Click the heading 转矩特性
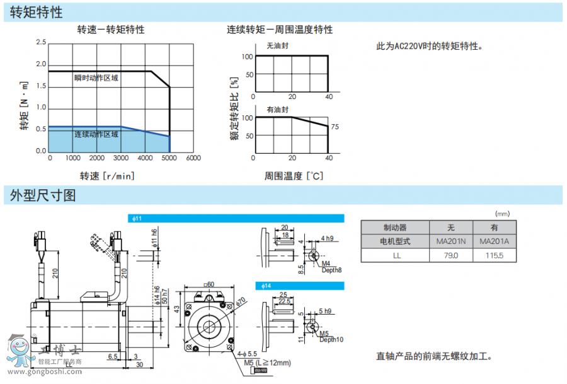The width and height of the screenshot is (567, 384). click(37, 12)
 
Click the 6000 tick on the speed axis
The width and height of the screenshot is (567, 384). click(193, 158)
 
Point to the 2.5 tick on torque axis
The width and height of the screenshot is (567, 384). click(41, 42)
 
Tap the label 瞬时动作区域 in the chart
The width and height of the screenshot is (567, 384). click(96, 78)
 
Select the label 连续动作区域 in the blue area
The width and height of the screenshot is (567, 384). click(96, 134)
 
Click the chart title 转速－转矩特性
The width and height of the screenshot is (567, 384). click(111, 30)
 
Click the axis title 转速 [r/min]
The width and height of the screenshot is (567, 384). click(107, 176)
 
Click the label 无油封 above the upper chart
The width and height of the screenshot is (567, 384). click(277, 46)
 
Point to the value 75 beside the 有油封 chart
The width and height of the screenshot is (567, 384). click(335, 127)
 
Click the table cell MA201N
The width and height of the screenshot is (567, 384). click(451, 241)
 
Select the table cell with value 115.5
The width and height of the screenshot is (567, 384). click(494, 255)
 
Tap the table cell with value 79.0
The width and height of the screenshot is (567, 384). click(451, 255)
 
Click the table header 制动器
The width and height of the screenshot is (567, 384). click(395, 228)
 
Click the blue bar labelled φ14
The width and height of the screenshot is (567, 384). click(299, 286)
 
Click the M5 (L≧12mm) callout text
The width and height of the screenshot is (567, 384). click(267, 363)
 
